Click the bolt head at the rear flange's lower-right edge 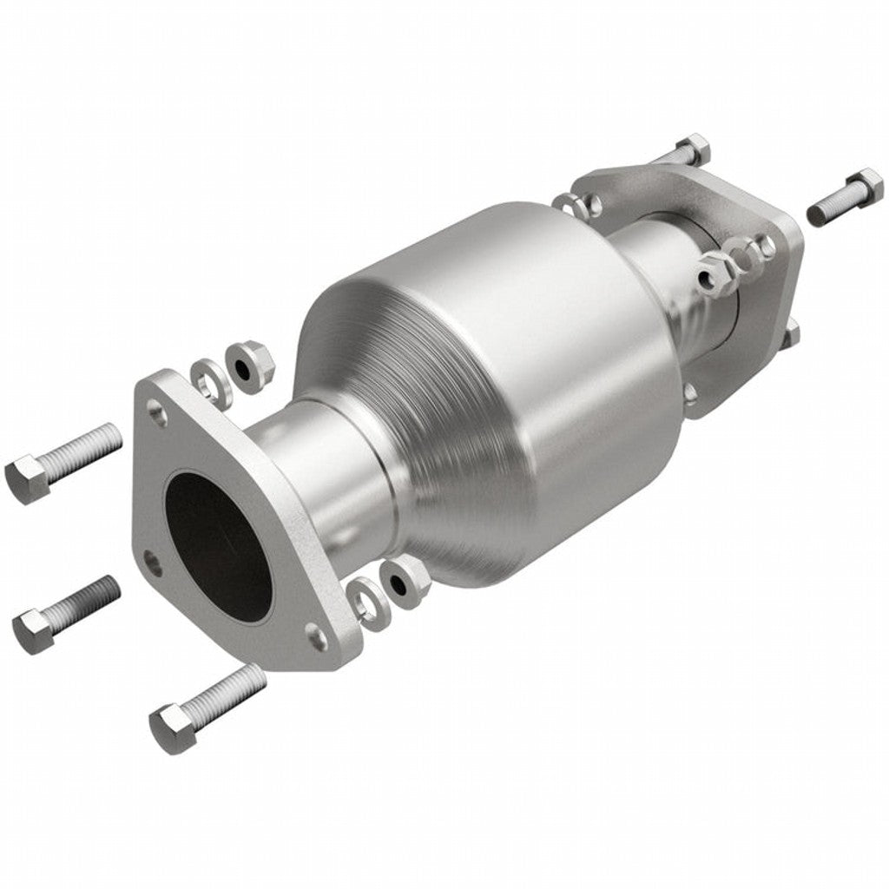pos(791,334)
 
